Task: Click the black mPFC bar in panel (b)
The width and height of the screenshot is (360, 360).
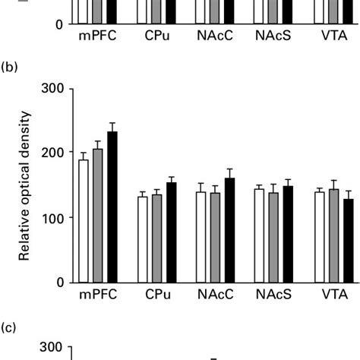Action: [x=112, y=207]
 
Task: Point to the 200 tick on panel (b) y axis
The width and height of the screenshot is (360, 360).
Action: [x=71, y=153]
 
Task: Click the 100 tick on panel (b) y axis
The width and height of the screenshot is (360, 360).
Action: [x=71, y=217]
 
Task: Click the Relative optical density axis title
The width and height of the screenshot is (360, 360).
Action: [x=27, y=185]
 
